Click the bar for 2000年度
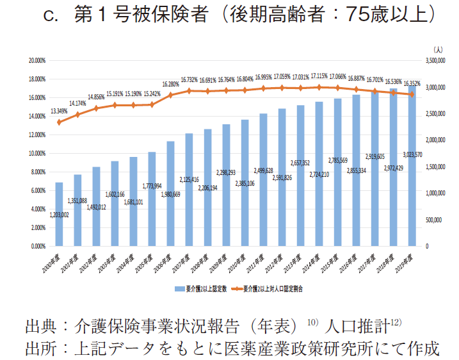point(59,214)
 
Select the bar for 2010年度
point(245,183)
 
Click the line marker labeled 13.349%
point(59,122)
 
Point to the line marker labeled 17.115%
point(319,87)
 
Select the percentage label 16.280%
point(170,84)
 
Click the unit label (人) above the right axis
point(437,49)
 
